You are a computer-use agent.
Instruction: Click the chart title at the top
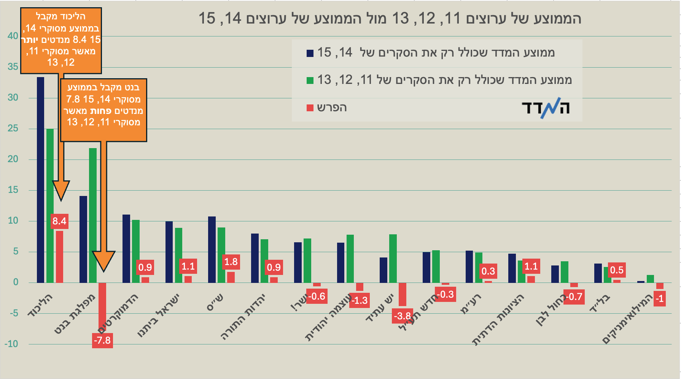[390, 18]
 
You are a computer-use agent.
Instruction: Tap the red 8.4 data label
[59, 221]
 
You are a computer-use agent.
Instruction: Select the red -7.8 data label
[102, 340]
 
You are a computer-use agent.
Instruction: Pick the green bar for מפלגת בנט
[93, 215]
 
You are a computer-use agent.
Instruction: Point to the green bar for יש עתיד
[393, 258]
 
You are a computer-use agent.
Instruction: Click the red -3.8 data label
[402, 316]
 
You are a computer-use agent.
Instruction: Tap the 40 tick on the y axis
[13, 36]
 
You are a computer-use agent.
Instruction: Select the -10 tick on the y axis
[11, 344]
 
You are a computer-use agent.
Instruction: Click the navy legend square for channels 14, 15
[310, 53]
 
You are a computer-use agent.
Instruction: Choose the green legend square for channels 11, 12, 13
[310, 81]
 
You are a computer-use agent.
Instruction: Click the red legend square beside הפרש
[310, 108]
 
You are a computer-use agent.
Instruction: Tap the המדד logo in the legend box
[546, 108]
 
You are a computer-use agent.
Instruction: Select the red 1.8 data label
[231, 262]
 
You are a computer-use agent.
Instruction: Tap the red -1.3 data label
[360, 300]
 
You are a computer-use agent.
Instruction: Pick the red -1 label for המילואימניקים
[659, 298]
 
